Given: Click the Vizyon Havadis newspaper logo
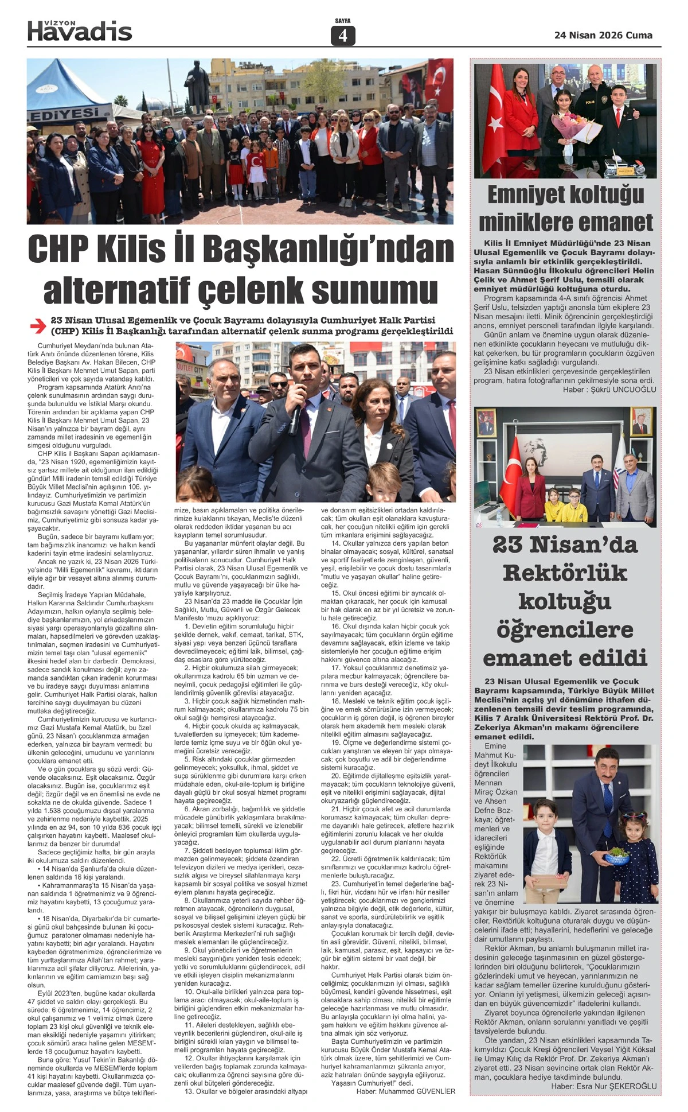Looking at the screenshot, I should (80, 30).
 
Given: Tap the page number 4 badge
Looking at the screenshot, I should (343, 36).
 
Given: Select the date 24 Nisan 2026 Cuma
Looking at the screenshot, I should (603, 35).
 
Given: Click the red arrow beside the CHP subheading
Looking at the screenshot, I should (38, 326).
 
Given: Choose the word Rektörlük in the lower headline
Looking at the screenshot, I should (565, 572).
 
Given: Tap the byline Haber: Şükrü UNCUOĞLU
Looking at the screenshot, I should (609, 389).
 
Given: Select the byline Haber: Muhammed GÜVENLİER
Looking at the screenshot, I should (405, 1091).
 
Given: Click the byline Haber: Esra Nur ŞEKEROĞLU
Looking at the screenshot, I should (603, 1086).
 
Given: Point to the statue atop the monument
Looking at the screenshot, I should (198, 86).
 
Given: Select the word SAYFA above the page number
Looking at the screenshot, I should (343, 21).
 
